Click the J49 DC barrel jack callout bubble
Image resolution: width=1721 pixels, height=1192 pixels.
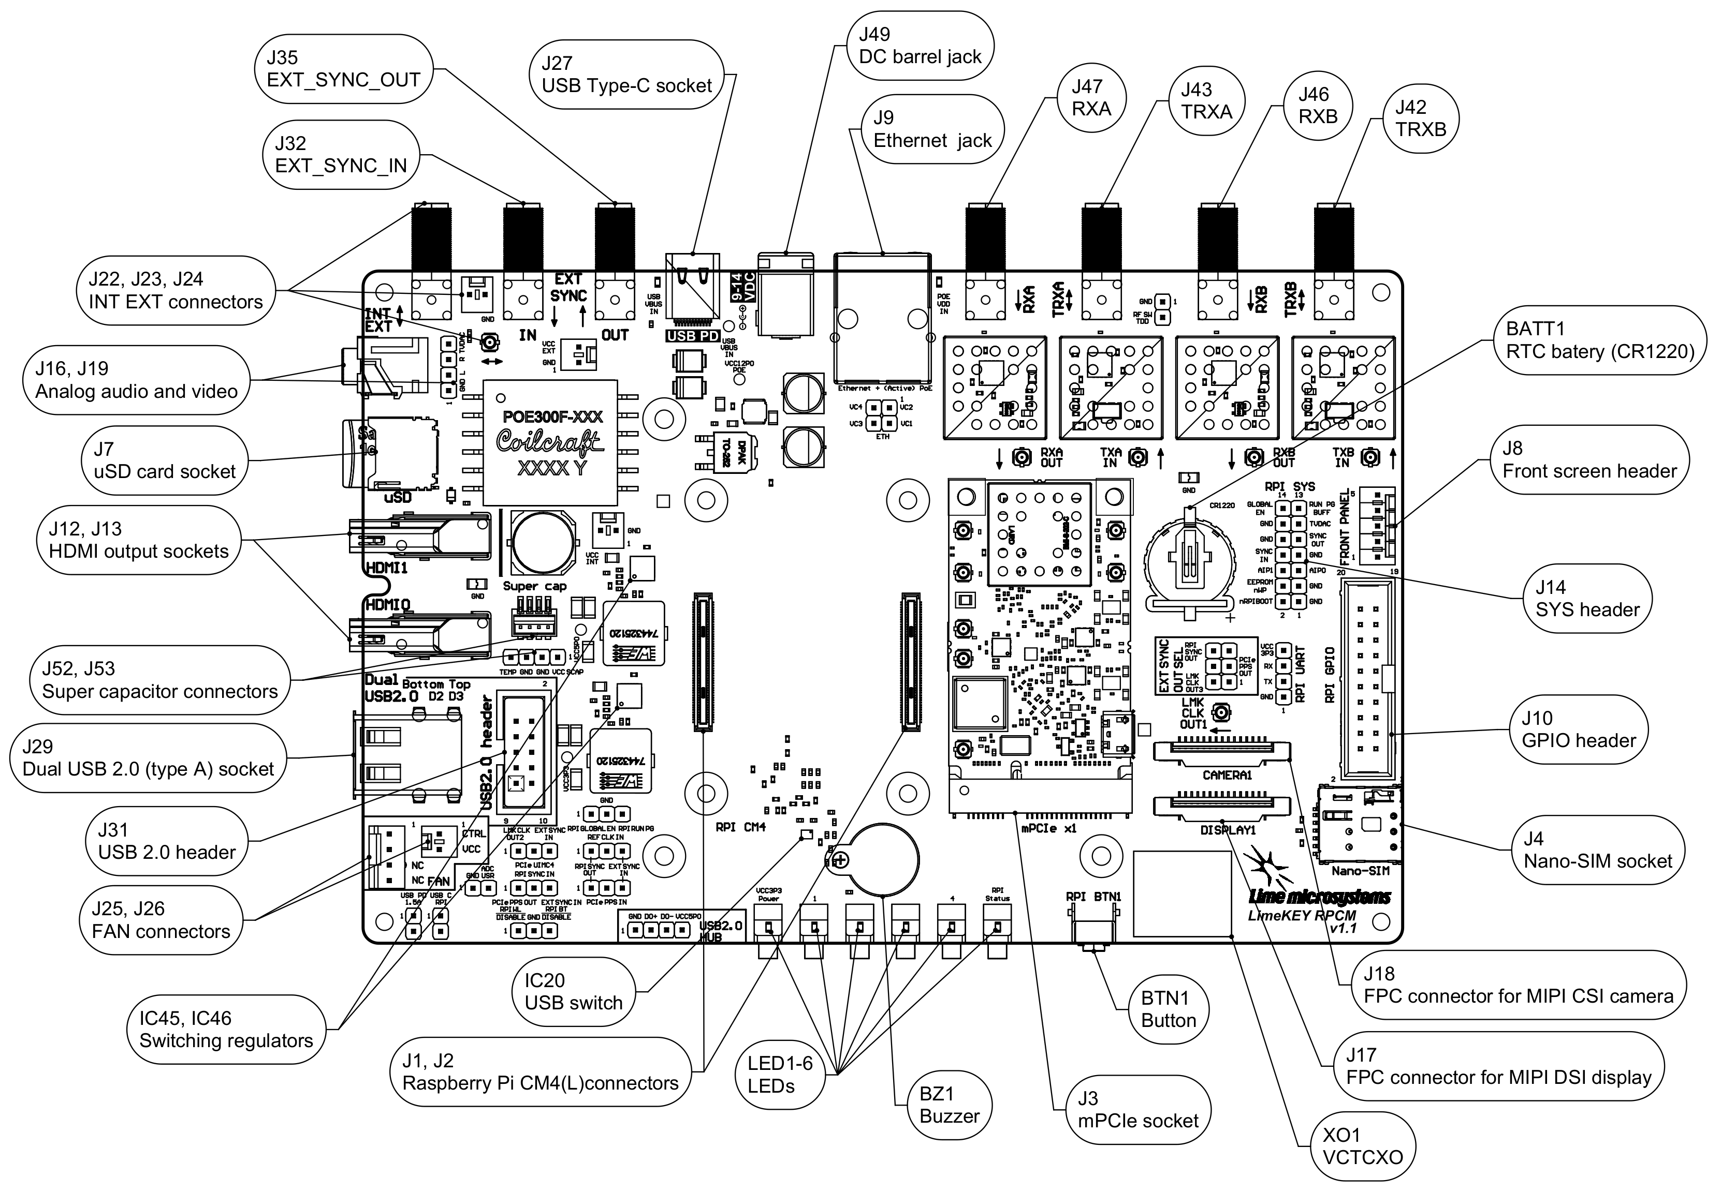pos(920,46)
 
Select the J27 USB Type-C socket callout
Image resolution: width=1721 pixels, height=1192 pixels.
pos(626,74)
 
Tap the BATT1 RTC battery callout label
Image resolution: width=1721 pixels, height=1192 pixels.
pos(1600,340)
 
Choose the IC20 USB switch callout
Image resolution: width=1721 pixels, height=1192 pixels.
pos(573,992)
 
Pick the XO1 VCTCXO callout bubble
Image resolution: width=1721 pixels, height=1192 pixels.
pos(1362,1146)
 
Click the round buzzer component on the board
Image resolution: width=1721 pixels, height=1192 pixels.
pos(883,859)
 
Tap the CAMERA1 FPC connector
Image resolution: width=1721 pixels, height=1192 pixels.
pos(1222,751)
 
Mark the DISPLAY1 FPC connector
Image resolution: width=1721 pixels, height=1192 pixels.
pos(1222,806)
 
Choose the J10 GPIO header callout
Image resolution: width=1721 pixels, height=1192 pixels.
pos(1578,729)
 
